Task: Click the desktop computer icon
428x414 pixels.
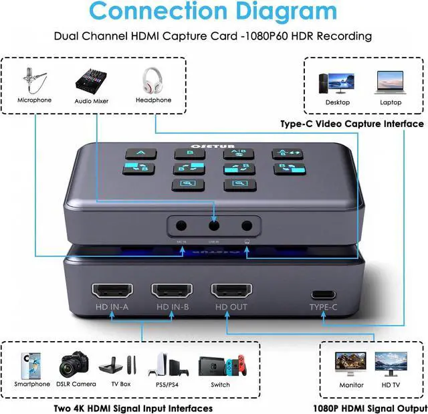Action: pos(337,83)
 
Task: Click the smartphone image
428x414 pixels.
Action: pos(31,365)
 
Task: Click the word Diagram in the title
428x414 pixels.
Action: pos(280,12)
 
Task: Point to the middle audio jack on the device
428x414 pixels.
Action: pos(213,226)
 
